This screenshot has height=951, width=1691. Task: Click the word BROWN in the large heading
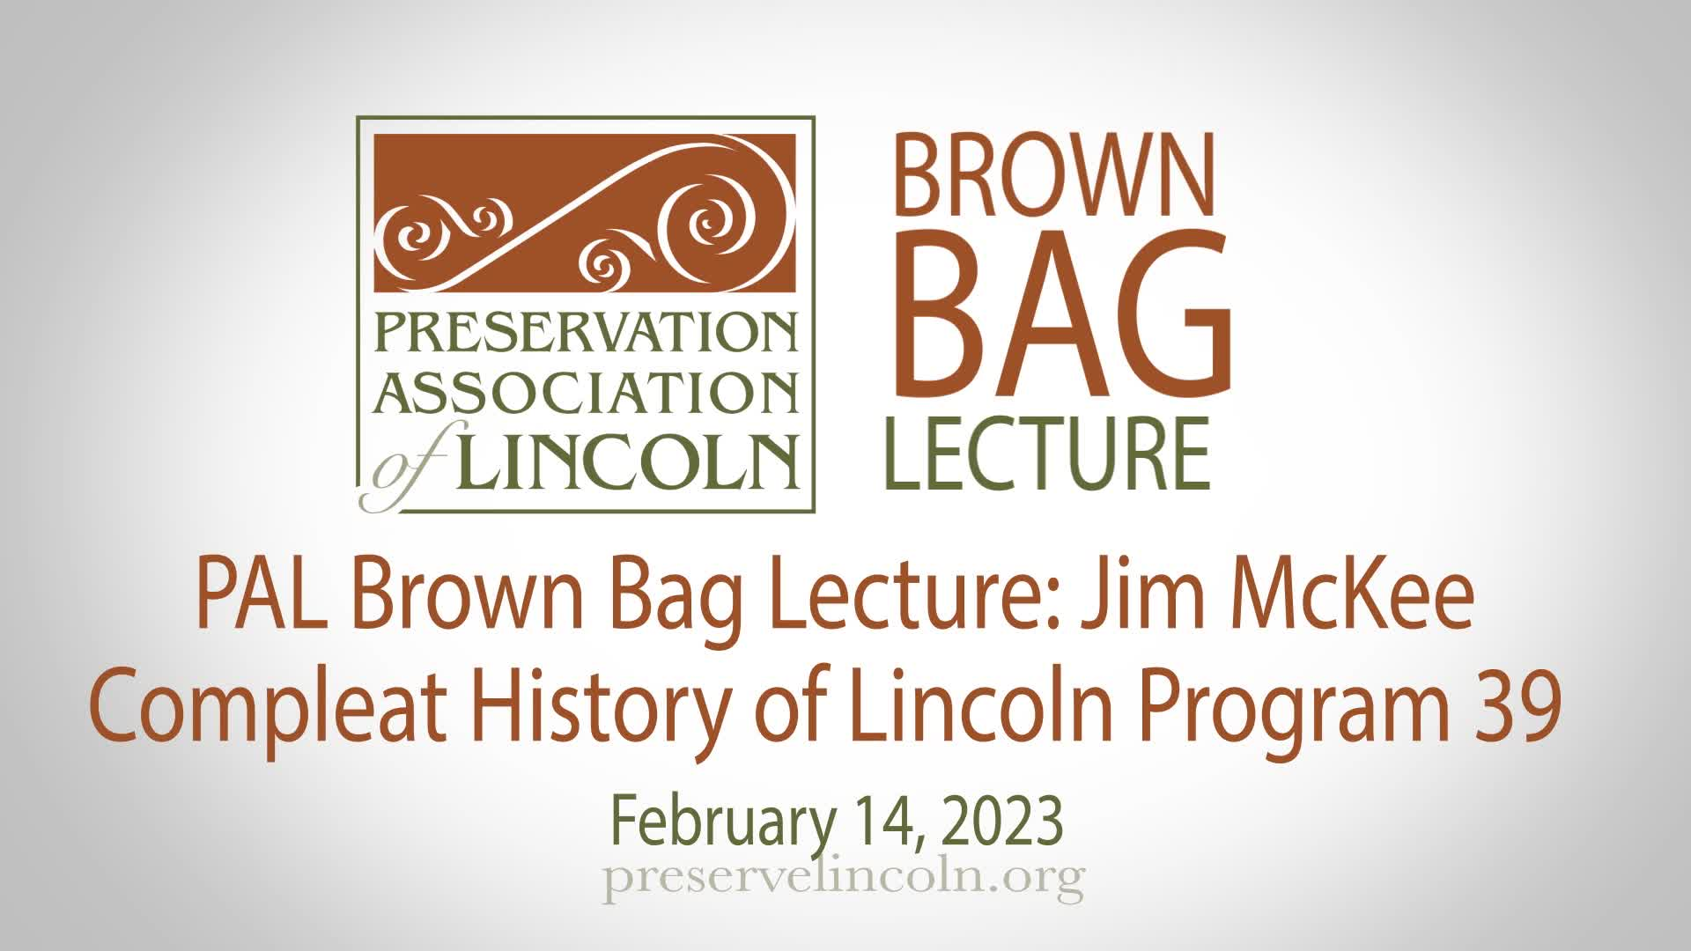coord(1054,173)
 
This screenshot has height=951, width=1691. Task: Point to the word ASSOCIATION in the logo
coord(586,393)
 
